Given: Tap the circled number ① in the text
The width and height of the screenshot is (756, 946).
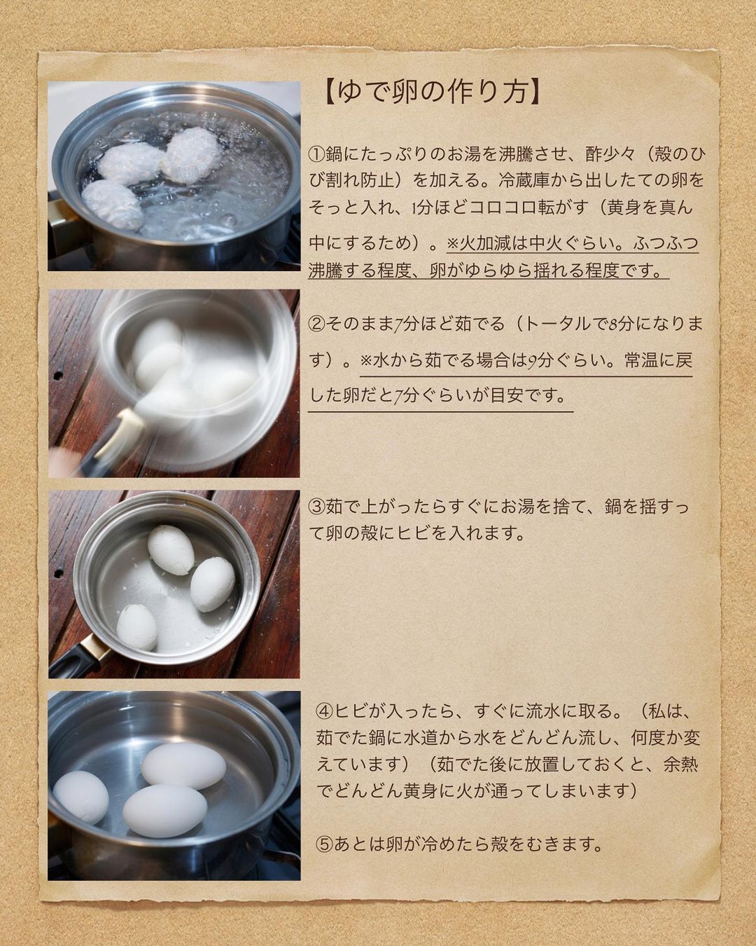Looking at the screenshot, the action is (316, 154).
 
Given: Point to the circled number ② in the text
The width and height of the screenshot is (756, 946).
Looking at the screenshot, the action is (316, 324).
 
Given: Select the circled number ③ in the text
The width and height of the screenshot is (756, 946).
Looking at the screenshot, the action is (316, 507).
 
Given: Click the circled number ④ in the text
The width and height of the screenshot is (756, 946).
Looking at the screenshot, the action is (325, 712).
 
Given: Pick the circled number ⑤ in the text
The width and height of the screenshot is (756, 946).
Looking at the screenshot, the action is (325, 844).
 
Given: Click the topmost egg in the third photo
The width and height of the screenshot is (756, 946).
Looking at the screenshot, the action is (171, 549).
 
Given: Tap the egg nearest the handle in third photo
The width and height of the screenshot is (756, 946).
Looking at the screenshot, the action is (137, 627).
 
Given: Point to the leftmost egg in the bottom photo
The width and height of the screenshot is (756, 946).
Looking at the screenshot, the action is (80, 797).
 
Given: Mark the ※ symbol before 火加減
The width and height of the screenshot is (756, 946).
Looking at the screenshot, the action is (452, 242).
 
